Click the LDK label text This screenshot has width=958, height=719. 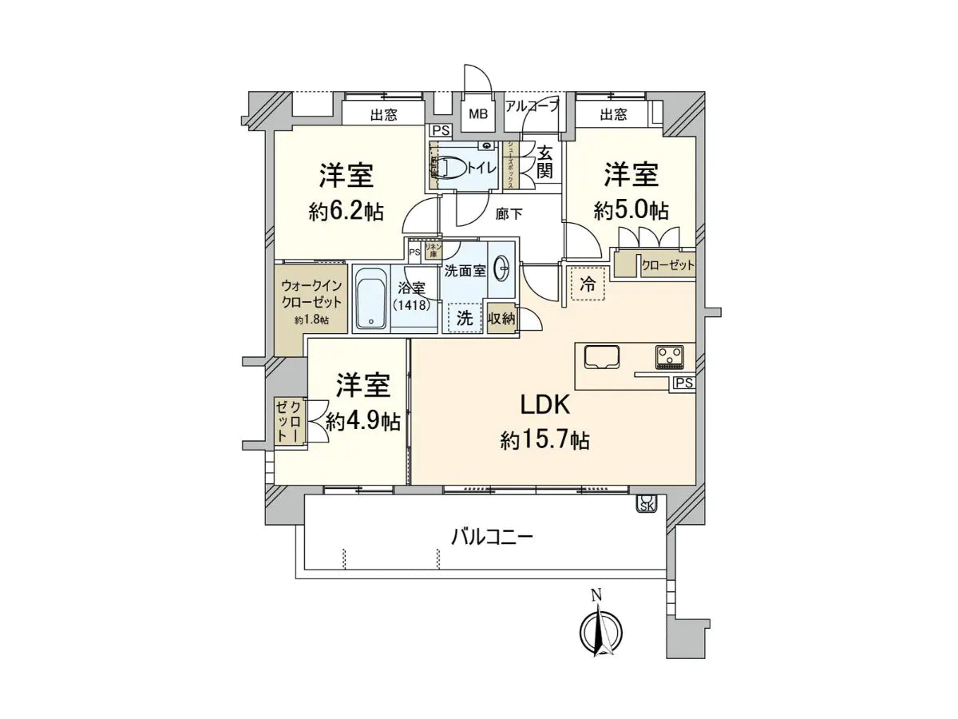pos(544,406)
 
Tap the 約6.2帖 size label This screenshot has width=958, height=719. pos(346,211)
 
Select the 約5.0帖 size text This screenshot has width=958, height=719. pos(630,210)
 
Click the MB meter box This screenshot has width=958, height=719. pos(478,114)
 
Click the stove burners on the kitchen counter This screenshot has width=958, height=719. pos(669,356)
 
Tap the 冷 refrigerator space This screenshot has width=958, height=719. pos(588,284)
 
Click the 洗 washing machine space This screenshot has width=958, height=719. pos(464,317)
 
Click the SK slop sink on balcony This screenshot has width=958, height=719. pos(644,503)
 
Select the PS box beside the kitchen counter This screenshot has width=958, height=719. pos(683,383)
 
